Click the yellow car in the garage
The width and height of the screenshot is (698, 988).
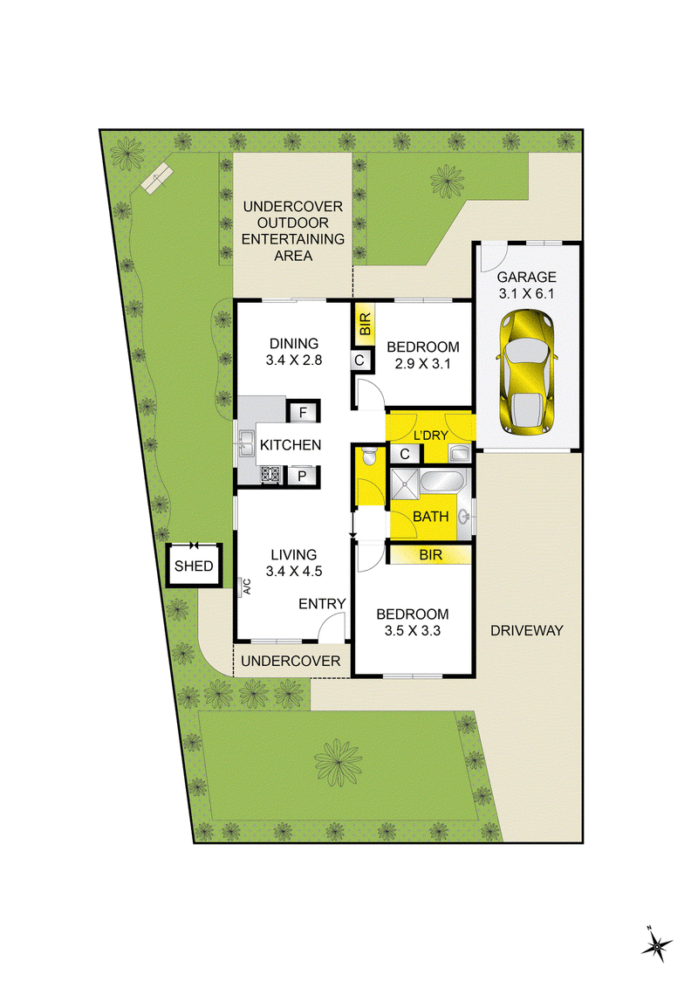[527, 372]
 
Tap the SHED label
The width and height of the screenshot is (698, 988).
[194, 566]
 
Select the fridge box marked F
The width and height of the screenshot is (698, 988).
[303, 412]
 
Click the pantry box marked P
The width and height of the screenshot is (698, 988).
[303, 476]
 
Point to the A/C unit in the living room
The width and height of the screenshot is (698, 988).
[244, 587]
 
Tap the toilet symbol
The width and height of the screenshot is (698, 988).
[370, 456]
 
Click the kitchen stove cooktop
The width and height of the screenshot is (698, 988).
[270, 474]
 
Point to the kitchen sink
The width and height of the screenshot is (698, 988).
[245, 443]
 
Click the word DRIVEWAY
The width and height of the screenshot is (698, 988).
[527, 630]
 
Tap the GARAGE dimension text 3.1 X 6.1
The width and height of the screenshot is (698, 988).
[527, 293]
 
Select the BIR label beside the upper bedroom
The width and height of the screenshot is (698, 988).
[364, 324]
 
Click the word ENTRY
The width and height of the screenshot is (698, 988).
[322, 604]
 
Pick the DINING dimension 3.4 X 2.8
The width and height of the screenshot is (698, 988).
[293, 360]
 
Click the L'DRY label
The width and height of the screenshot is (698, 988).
[431, 436]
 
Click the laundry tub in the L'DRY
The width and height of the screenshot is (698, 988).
[459, 452]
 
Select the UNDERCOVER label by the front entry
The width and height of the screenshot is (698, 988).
[291, 661]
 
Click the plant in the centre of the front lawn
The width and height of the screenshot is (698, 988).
[339, 763]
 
